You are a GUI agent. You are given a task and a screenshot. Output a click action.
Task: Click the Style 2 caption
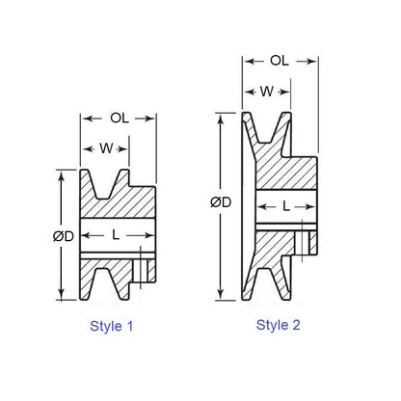(x=279, y=325)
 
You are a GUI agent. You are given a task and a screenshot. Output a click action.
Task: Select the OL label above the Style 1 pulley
(x=119, y=120)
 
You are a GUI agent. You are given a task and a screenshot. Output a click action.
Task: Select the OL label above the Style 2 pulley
(x=280, y=60)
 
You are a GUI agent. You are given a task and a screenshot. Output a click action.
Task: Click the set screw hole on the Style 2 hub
(x=307, y=238)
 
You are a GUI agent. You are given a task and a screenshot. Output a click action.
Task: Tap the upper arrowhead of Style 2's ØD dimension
(x=223, y=115)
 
